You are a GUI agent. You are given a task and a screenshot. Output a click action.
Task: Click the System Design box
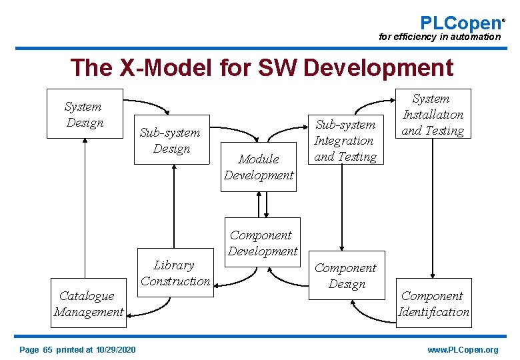point(84,114)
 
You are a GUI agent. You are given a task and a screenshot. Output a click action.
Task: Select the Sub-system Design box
point(171,140)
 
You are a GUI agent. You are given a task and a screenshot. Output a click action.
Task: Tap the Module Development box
point(259,167)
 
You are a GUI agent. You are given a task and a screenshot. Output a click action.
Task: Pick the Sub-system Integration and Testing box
point(345,140)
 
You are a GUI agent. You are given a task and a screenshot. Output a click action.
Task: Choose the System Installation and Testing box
point(433,114)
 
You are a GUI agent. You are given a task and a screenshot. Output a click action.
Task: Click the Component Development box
point(263,243)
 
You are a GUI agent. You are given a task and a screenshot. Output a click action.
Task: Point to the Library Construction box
point(175,273)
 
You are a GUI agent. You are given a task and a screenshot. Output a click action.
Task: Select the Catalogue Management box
point(89,303)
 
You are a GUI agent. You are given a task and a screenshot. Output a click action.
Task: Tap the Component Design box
point(345,275)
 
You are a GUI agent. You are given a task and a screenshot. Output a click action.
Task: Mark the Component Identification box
point(433,303)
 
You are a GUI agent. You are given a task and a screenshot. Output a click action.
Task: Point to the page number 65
point(47,350)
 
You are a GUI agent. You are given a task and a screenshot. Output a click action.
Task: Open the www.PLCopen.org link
point(463,350)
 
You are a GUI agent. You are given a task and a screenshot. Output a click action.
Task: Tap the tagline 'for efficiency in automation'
point(439,37)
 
